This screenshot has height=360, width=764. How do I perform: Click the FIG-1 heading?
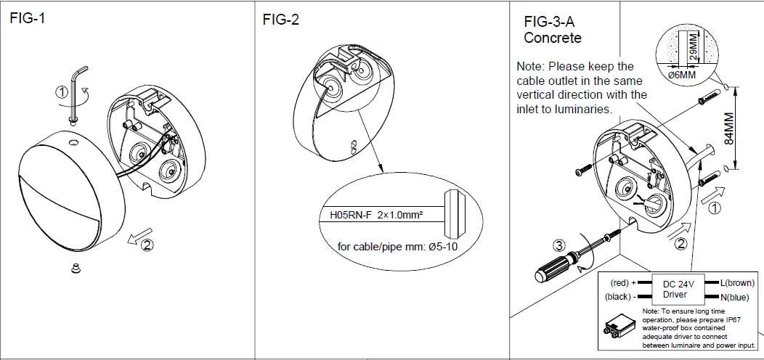(27, 19)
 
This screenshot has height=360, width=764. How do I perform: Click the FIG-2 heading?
(280, 20)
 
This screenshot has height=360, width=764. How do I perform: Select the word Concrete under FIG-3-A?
(553, 37)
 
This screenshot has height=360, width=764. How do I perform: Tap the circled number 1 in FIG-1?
(62, 92)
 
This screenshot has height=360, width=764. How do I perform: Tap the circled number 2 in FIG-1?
(147, 245)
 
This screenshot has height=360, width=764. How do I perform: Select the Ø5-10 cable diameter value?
(443, 246)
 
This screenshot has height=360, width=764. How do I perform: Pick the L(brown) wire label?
(736, 282)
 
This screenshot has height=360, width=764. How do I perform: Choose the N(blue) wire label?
(735, 298)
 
